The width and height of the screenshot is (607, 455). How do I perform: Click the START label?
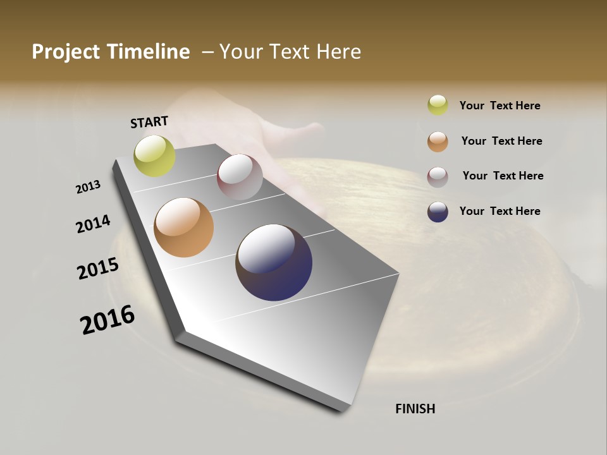tap(149, 122)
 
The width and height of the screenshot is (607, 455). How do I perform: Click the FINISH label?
tap(415, 409)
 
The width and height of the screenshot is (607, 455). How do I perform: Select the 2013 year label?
tap(88, 187)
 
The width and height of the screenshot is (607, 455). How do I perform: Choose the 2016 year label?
tap(107, 320)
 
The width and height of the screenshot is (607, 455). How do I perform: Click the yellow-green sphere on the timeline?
tap(154, 156)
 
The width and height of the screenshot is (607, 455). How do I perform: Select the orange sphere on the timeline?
tap(183, 227)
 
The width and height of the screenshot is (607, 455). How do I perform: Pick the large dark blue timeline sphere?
tap(274, 262)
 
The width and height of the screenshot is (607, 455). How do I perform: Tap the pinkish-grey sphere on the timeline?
tap(240, 177)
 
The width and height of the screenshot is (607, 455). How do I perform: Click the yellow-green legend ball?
tap(438, 105)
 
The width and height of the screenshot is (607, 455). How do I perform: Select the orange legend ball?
tap(438, 142)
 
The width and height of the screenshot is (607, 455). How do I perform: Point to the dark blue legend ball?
tap(438, 212)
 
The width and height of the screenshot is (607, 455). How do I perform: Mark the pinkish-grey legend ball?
tap(438, 177)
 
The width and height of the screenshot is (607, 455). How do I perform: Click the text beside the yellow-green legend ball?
tap(500, 106)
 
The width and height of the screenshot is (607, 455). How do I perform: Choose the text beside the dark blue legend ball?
tap(500, 211)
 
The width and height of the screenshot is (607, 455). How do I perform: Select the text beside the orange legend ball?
tap(501, 141)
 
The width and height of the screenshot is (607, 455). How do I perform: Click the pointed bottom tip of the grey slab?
tap(344, 409)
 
